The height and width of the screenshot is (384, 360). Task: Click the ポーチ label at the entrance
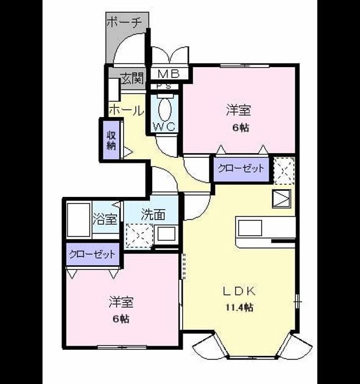click(x=124, y=23)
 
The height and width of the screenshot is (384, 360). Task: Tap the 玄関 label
click(x=132, y=79)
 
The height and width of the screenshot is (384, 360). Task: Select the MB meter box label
click(x=169, y=74)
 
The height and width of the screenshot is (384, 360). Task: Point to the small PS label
click(x=164, y=87)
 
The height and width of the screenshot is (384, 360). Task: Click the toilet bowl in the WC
click(x=164, y=109)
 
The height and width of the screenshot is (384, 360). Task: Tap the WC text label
click(x=164, y=127)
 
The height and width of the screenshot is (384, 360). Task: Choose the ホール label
click(x=126, y=110)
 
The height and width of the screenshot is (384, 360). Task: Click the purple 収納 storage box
click(x=111, y=140)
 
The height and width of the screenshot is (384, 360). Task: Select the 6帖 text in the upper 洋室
click(x=241, y=128)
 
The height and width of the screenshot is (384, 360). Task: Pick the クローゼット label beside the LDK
click(x=241, y=168)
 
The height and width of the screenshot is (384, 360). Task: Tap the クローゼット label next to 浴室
click(x=92, y=254)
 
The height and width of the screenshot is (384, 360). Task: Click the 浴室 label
click(x=105, y=219)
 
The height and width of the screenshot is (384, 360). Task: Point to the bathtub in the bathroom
click(x=79, y=220)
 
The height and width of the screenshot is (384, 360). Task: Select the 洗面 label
click(x=153, y=215)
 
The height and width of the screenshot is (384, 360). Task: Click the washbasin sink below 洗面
click(x=166, y=234)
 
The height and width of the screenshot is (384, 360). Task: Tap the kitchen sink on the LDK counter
click(x=250, y=228)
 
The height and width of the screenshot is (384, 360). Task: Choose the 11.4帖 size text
click(x=239, y=307)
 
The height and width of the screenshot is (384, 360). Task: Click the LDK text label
click(x=239, y=291)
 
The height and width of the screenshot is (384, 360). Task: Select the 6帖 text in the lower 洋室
click(x=121, y=319)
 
